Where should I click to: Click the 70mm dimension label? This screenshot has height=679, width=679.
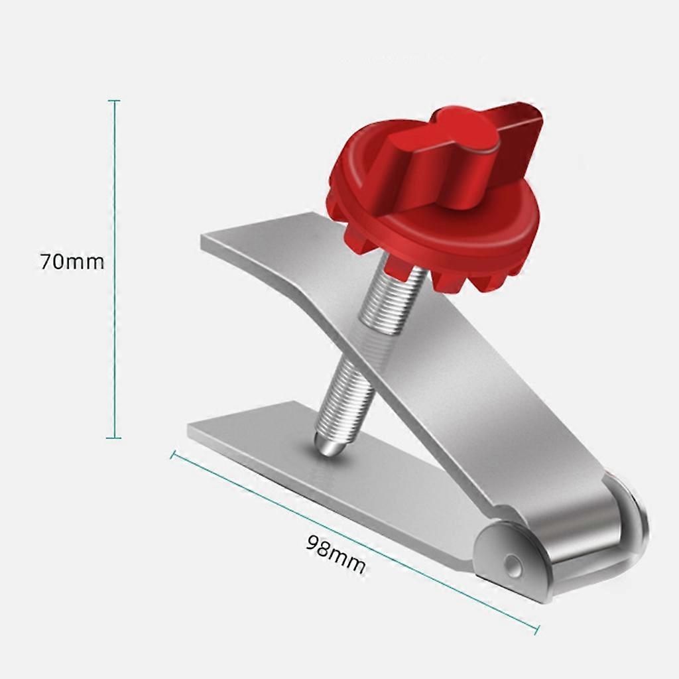click(72, 262)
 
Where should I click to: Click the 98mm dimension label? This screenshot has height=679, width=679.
click(336, 554)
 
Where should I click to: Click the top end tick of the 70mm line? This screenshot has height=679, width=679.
click(114, 101)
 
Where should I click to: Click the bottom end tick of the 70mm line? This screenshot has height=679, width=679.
click(114, 438)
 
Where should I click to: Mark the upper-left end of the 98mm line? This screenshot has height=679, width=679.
click(172, 455)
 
